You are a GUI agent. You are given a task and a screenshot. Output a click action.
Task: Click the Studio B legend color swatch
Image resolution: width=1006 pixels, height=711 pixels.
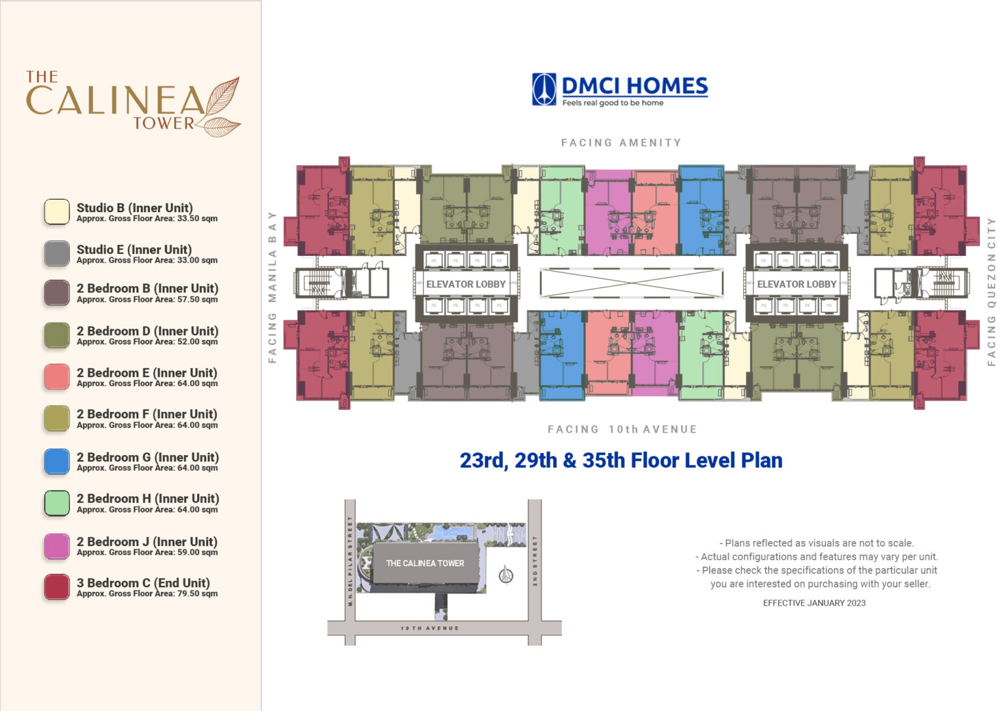pos(57,212)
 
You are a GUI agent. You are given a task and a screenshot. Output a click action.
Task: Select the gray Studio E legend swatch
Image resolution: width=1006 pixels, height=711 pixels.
pos(57,254)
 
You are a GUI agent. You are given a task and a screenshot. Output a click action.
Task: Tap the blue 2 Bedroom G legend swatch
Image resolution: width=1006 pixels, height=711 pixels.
pos(57,462)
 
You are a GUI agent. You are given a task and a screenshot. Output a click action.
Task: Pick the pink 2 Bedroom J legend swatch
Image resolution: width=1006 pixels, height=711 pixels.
pos(57,546)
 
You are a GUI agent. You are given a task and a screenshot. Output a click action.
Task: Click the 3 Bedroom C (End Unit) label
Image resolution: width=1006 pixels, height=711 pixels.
pos(143,583)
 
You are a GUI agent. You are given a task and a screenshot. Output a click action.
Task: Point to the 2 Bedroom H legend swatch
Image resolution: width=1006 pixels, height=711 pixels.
pos(57,503)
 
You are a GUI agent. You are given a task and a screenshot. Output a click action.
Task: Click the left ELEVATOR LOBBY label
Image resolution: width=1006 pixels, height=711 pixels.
pos(466,284)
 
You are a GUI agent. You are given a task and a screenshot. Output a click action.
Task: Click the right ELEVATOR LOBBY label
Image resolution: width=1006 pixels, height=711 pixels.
pos(796,284)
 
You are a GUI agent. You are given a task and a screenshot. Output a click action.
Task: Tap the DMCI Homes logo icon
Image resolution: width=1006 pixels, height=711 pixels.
pos(544,89)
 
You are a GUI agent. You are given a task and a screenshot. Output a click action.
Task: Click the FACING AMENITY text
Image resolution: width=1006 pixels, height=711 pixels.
pos(621,143)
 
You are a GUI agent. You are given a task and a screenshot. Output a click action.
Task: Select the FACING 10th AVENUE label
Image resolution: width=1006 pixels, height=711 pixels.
pos(622,429)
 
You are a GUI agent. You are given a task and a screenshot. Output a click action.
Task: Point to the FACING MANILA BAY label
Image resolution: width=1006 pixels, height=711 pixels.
pos(272,287)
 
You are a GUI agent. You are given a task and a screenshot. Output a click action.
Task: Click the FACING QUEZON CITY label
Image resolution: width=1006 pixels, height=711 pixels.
pos(991,291)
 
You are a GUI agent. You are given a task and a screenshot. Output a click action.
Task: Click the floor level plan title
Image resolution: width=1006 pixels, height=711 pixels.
pos(621,460)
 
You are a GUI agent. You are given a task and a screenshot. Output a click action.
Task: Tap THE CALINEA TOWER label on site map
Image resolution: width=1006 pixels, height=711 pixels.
pos(425,563)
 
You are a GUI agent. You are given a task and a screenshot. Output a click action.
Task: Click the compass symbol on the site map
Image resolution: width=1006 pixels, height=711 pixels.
pos(506,575)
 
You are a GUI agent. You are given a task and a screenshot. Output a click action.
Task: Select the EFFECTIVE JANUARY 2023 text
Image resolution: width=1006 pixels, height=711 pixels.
pos(814,603)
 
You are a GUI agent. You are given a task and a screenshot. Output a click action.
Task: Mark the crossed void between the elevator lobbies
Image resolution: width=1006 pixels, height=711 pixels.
pos(631,283)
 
